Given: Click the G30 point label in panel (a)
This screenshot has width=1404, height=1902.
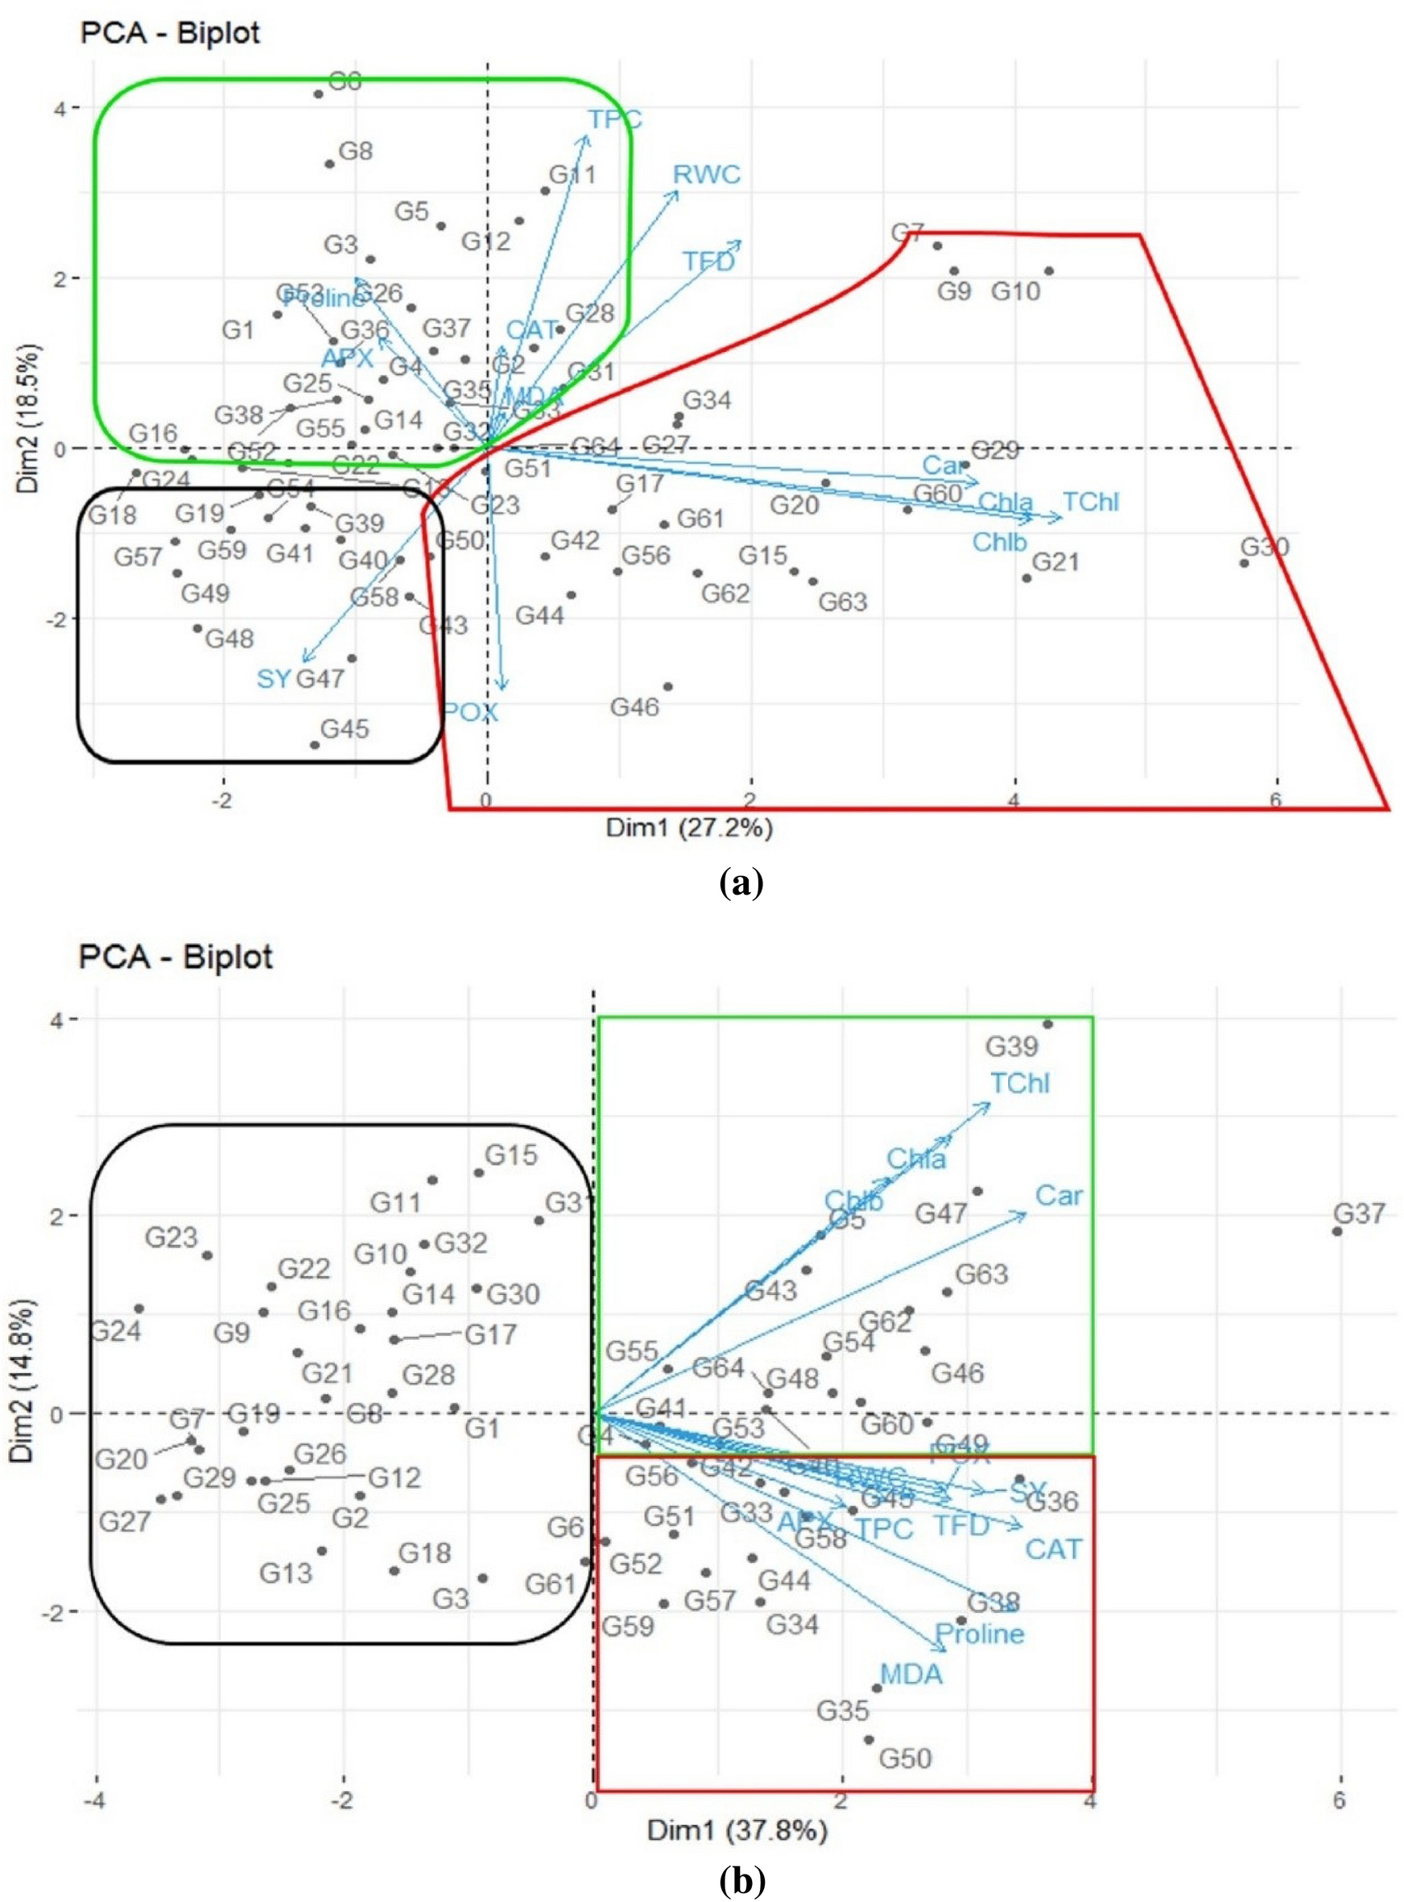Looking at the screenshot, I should tap(1264, 547).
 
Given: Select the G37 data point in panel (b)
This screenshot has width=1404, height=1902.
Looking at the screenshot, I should tap(1337, 1231).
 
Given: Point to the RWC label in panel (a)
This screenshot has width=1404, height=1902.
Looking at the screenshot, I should tap(706, 175).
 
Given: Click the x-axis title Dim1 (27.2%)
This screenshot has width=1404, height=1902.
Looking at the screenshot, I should tap(689, 828).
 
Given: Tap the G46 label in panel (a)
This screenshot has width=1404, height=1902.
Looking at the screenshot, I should tap(634, 707).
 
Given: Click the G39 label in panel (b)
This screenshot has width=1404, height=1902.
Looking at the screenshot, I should tap(1011, 1046).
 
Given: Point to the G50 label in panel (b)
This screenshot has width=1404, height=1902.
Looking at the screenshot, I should tap(905, 1758).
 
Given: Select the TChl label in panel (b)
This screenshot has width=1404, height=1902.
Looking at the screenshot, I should tap(1020, 1084).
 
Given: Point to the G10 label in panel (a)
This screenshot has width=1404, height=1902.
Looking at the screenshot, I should tap(1016, 292).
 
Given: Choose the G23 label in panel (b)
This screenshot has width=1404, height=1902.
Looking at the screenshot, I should tap(171, 1238).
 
